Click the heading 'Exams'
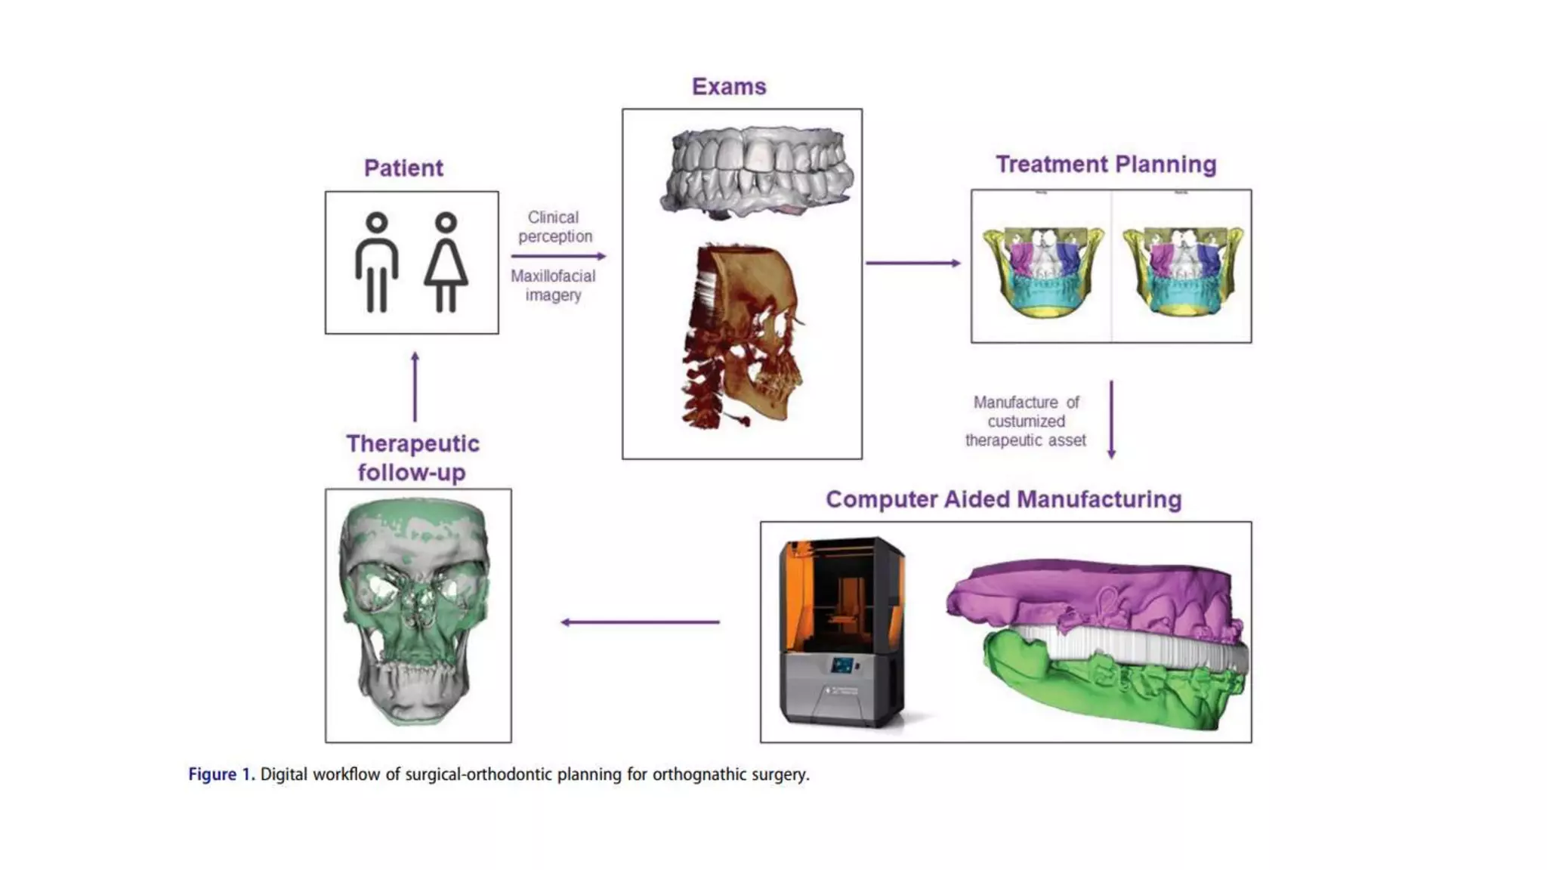click(x=729, y=87)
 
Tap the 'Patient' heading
click(x=403, y=168)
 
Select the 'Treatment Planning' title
click(x=1106, y=164)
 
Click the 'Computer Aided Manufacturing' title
click(x=1003, y=499)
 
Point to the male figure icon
click(x=377, y=262)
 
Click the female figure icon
click(x=446, y=262)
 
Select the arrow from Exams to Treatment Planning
click(x=912, y=263)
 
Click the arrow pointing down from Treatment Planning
click(x=1111, y=419)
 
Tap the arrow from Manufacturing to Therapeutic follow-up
click(x=641, y=622)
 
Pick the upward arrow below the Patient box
click(x=415, y=387)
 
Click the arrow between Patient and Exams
click(x=558, y=256)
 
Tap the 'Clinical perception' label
click(x=554, y=227)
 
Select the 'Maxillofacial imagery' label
click(x=553, y=285)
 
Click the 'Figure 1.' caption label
click(x=221, y=774)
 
